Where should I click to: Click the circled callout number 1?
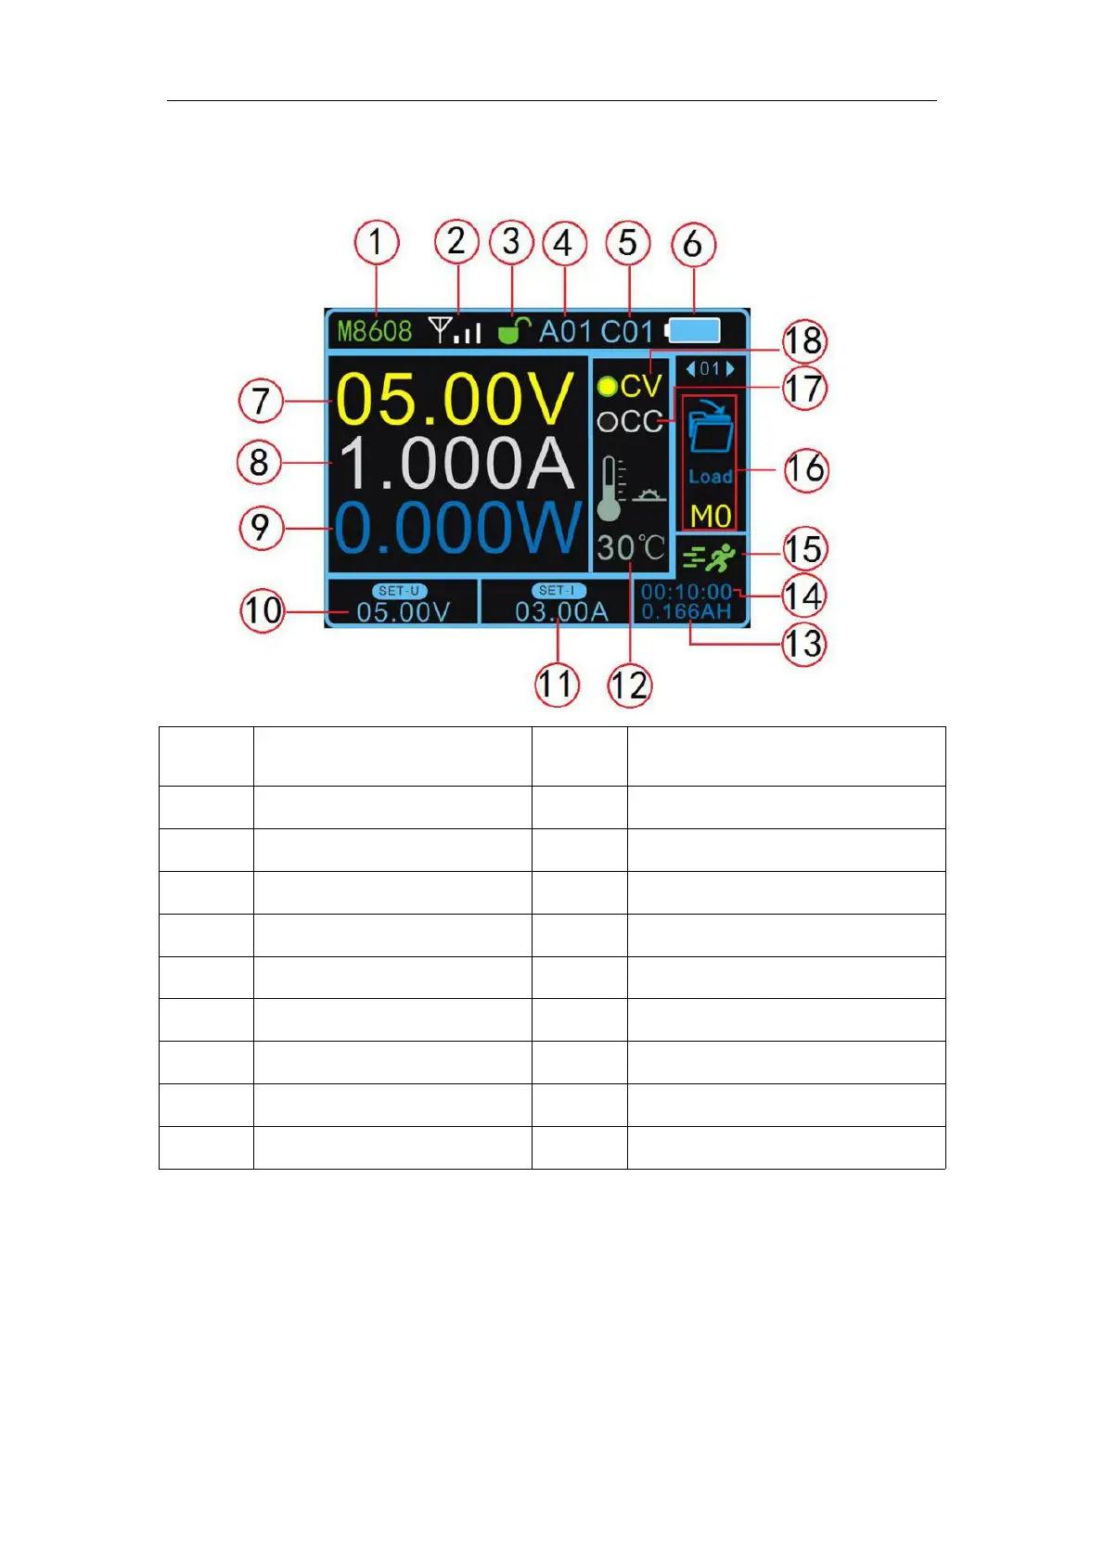pos(376,242)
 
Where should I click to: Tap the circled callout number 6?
pos(692,244)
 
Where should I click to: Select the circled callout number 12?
pos(630,685)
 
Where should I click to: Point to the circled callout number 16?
pos(804,469)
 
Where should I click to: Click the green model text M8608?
pos(374,331)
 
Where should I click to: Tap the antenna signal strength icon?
pos(455,330)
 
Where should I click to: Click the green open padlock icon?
pos(513,329)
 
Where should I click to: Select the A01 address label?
pos(565,331)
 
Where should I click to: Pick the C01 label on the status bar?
pos(627,331)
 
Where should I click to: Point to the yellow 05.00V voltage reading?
pos(455,400)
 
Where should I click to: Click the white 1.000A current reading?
pos(455,463)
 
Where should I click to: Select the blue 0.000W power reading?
pos(458,529)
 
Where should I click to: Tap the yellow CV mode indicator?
pos(632,386)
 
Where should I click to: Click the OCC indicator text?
pos(630,422)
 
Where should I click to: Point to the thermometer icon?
pos(610,488)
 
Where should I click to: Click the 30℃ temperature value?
pos(630,548)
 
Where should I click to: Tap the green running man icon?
pos(710,557)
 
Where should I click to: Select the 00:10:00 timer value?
pos(686,592)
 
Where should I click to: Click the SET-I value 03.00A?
pos(561,612)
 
